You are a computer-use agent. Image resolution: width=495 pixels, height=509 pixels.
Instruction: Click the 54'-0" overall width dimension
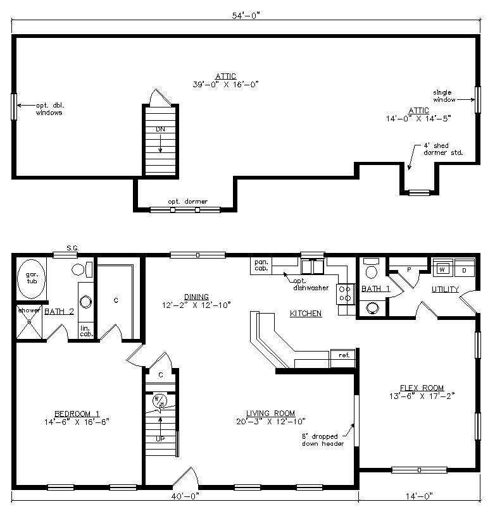pos(246,15)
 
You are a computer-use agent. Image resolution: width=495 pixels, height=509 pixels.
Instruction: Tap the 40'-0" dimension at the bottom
pos(185,496)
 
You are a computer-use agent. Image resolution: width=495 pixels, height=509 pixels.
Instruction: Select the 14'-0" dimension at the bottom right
pos(419,496)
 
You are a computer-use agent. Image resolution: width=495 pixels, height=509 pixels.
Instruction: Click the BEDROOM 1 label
pos(77,414)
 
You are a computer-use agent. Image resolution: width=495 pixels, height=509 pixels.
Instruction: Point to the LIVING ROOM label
pos(270,413)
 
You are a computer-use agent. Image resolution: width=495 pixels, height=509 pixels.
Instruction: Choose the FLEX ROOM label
pos(422,388)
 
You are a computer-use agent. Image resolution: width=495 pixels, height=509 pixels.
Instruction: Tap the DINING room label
pos(196,297)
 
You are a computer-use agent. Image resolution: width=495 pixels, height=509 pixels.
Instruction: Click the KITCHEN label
pos(306,313)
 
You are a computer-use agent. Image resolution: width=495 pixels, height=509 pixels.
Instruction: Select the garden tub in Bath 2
pos(31,279)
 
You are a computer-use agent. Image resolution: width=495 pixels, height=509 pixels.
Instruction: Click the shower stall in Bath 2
pos(29,322)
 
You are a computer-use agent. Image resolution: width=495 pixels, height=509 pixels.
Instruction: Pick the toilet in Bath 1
pos(371,268)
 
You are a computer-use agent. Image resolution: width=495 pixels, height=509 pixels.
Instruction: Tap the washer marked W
pos(442,267)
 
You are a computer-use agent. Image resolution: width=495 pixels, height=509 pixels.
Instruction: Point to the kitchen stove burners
pos(345,293)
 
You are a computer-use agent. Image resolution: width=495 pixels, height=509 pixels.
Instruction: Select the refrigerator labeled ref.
pos(343,358)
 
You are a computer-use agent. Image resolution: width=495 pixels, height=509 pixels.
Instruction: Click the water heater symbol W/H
pos(160,401)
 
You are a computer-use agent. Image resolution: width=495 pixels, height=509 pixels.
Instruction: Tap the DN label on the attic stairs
pos(160,129)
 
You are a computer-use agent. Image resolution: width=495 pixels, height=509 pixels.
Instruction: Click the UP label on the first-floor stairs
pos(160,439)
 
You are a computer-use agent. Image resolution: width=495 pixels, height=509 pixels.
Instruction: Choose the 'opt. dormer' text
pos(187,202)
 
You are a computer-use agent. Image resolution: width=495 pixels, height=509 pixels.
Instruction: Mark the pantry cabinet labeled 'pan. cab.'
pos(261,265)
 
